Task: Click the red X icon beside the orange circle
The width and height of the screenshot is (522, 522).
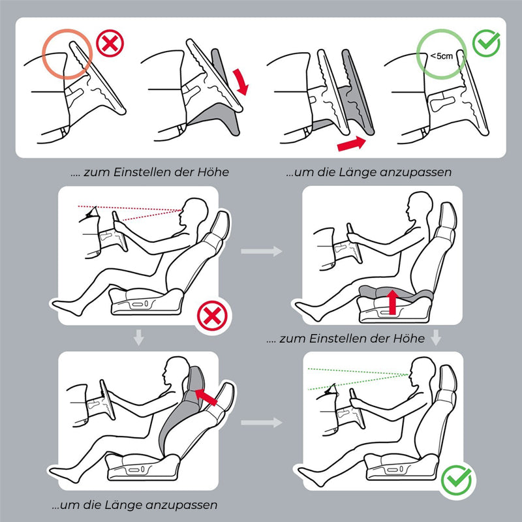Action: click(x=110, y=43)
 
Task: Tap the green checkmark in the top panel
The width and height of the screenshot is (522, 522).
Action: click(x=486, y=43)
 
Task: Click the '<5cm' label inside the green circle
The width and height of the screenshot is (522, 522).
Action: click(x=442, y=56)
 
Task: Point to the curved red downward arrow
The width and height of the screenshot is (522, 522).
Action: click(x=241, y=82)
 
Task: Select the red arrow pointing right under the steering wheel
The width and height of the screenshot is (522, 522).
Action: click(x=352, y=144)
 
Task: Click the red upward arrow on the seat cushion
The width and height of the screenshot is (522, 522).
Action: click(x=393, y=301)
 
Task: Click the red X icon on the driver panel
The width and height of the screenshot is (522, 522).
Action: click(x=212, y=316)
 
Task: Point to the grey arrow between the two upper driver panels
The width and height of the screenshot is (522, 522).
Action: click(x=262, y=251)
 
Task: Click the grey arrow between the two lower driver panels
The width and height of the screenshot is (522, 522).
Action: click(x=262, y=422)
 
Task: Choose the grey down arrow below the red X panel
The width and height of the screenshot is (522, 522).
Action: click(x=138, y=337)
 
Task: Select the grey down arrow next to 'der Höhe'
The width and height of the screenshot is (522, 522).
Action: click(x=436, y=337)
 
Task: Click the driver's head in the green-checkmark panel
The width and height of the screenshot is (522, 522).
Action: click(x=423, y=372)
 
